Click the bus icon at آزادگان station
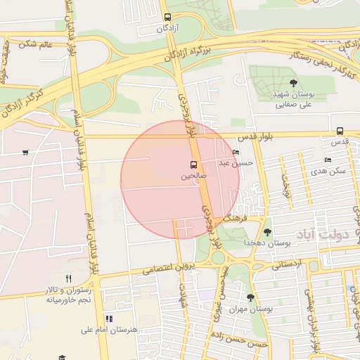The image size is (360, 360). pyautogui.click(x=167, y=17)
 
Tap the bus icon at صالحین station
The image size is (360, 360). pyautogui.click(x=193, y=165)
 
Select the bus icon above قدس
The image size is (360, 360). pyautogui.click(x=340, y=131)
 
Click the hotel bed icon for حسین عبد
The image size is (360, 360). pyautogui.click(x=235, y=153)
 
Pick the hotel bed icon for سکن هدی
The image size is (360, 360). pyautogui.click(x=328, y=160)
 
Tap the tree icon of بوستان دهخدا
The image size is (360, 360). pyautogui.click(x=266, y=232)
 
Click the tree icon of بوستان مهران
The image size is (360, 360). pyautogui.click(x=250, y=298)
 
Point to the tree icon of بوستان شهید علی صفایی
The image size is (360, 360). pyautogui.click(x=293, y=83)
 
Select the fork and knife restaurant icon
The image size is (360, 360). pyautogui.click(x=68, y=278)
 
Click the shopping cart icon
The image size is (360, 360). pyautogui.click(x=26, y=152)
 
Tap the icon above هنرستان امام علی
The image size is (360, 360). pyautogui.click(x=108, y=319)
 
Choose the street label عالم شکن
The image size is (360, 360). pyautogui.click(x=37, y=44)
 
